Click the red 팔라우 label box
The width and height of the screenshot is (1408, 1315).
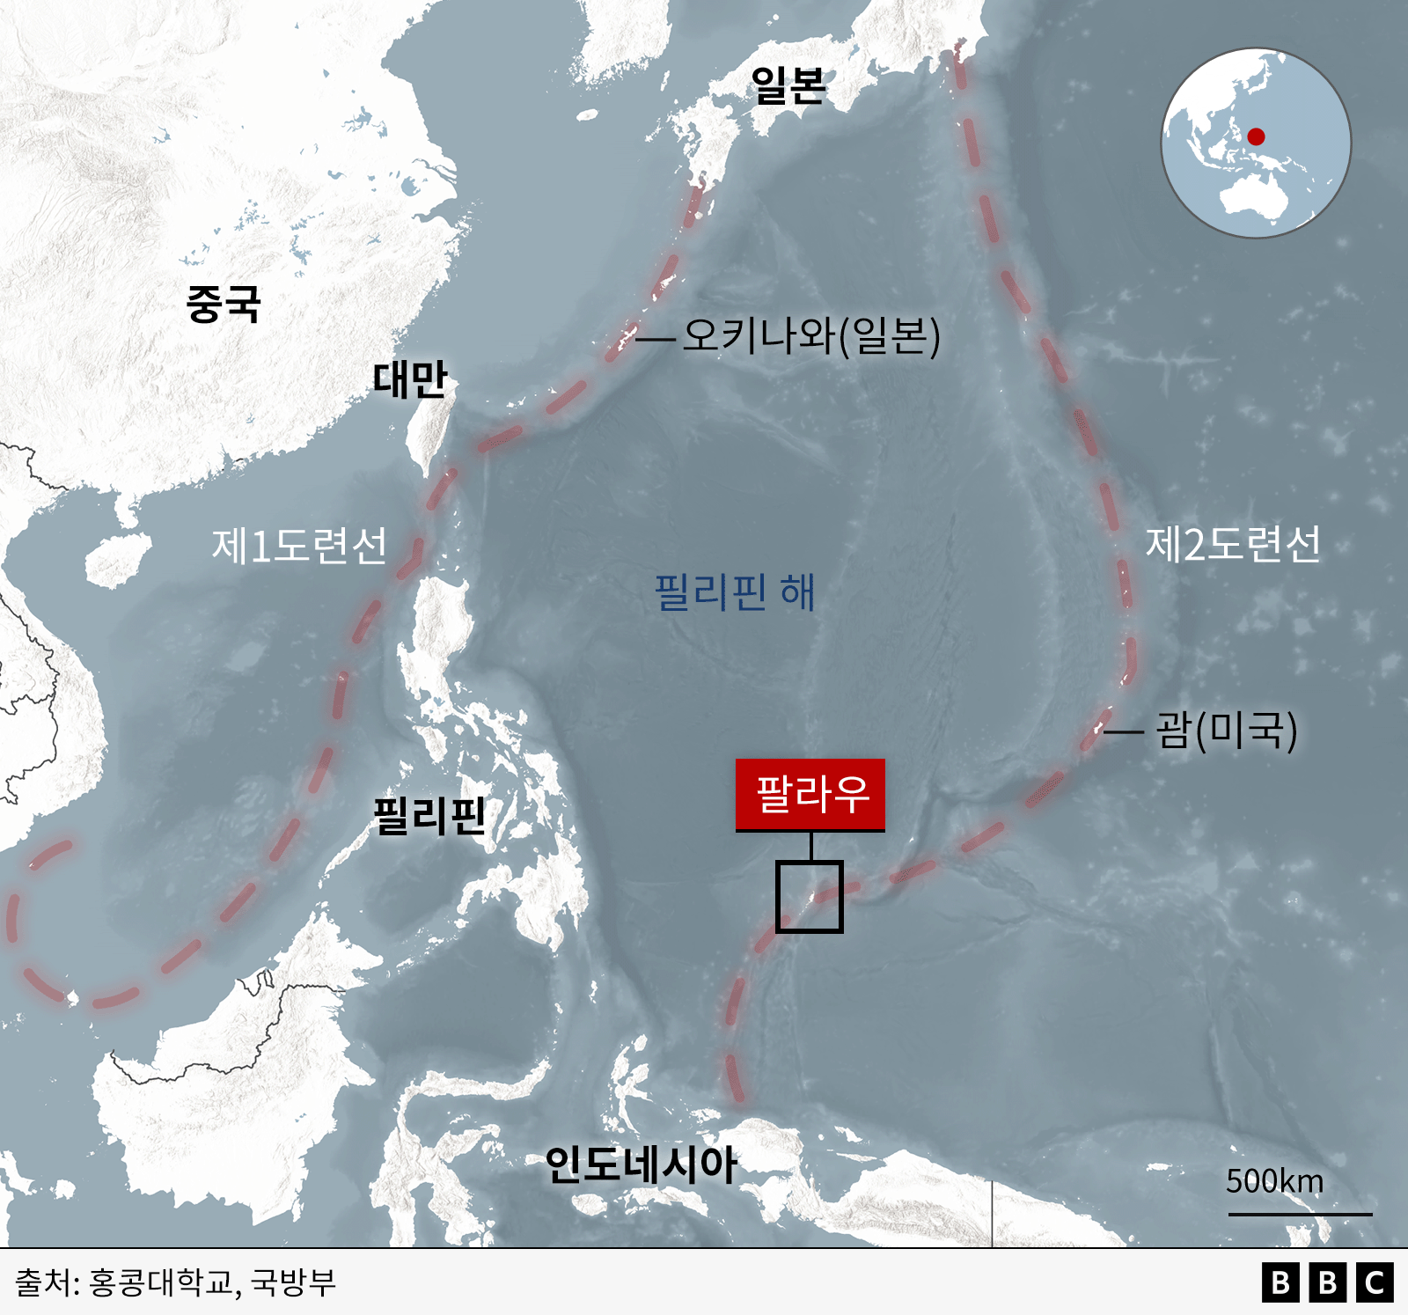click(x=810, y=794)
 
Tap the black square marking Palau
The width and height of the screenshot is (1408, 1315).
click(x=810, y=896)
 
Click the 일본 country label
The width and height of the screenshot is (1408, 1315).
click(x=788, y=85)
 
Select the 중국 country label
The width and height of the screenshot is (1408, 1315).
click(x=224, y=304)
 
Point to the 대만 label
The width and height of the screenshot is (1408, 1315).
click(x=410, y=379)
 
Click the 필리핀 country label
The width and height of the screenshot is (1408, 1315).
click(x=429, y=815)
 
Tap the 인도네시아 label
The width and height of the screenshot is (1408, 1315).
click(x=641, y=1164)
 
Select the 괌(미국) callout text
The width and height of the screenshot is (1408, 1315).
click(x=1227, y=730)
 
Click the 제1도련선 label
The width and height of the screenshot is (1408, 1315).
click(x=299, y=546)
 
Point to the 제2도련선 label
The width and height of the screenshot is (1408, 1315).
click(x=1233, y=544)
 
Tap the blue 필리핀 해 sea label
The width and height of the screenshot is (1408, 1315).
click(x=735, y=591)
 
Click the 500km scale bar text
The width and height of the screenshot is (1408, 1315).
click(x=1274, y=1181)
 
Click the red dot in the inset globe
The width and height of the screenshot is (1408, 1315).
click(x=1256, y=136)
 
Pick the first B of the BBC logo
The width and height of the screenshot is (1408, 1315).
click(x=1280, y=1282)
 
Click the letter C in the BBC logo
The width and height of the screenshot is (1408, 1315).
click(x=1375, y=1282)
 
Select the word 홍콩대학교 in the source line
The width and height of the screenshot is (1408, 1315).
click(x=162, y=1282)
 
